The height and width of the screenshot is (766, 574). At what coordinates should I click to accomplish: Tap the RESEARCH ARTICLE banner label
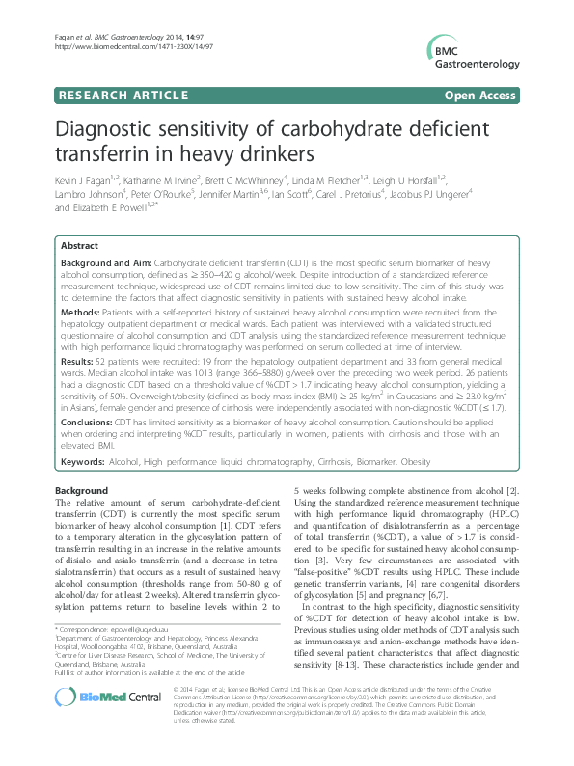122,95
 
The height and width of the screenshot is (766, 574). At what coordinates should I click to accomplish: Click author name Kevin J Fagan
83,180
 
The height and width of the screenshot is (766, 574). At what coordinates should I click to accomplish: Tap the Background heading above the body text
82,491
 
